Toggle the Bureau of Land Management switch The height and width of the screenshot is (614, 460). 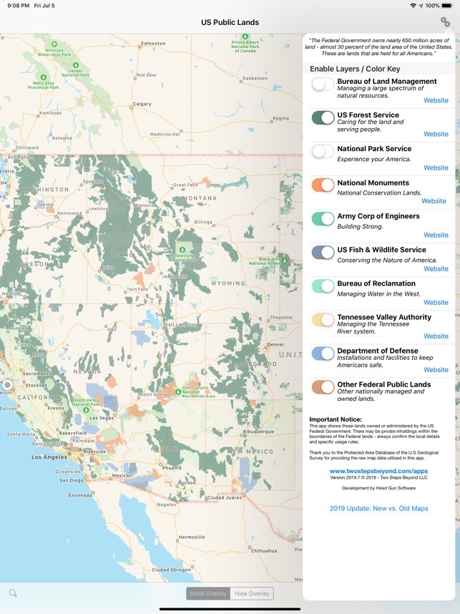pos(323,84)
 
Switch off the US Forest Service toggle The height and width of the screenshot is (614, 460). pos(323,117)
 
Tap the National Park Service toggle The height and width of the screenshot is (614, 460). pos(323,151)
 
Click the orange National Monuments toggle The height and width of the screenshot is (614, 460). pos(323,185)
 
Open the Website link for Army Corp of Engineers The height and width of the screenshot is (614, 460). pos(436,235)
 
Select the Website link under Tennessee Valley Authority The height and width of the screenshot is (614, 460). pos(436,336)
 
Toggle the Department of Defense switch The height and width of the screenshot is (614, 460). pos(323,354)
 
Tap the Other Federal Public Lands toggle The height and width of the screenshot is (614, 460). pos(323,387)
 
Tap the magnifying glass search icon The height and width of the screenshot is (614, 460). pos(13,593)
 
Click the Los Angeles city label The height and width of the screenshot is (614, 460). pos(49,457)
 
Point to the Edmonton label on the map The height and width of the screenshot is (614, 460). pos(153,44)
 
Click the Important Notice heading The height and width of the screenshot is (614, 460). pos(336,419)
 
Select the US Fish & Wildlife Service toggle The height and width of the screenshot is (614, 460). pos(323,253)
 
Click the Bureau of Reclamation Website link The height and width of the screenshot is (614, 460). pos(436,302)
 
